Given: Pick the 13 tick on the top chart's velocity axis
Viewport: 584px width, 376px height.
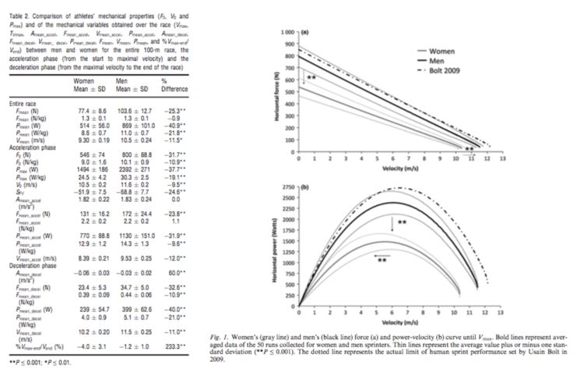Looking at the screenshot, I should (x=501, y=157).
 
